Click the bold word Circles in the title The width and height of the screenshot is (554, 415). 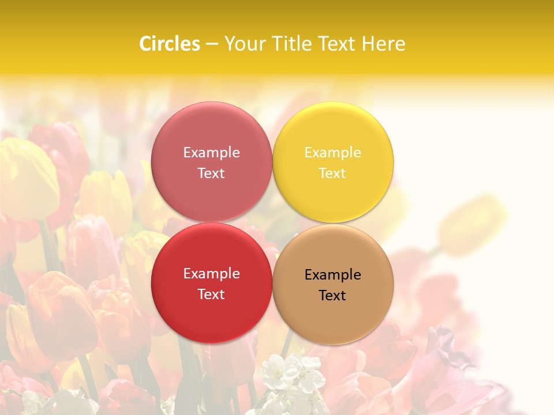(x=169, y=44)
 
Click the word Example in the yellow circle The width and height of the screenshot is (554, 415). (x=333, y=152)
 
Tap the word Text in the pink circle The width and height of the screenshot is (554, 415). (x=211, y=173)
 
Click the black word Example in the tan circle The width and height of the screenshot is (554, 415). (x=333, y=274)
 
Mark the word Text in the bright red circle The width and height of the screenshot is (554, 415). (x=211, y=294)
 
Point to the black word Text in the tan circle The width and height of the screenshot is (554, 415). (x=332, y=295)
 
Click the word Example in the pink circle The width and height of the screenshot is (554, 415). (x=211, y=152)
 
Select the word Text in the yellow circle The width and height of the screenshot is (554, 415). (x=332, y=173)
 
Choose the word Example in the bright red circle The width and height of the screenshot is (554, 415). (x=211, y=273)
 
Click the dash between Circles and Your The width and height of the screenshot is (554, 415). (x=211, y=44)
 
